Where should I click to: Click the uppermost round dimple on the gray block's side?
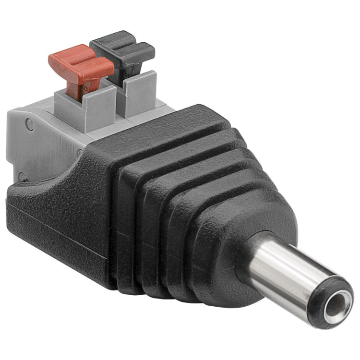pyautogui.click(x=30, y=126)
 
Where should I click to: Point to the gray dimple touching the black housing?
pyautogui.click(x=80, y=154)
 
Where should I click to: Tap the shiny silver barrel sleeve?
pyautogui.click(x=283, y=269)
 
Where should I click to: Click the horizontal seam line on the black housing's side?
pyautogui.click(x=58, y=226)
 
